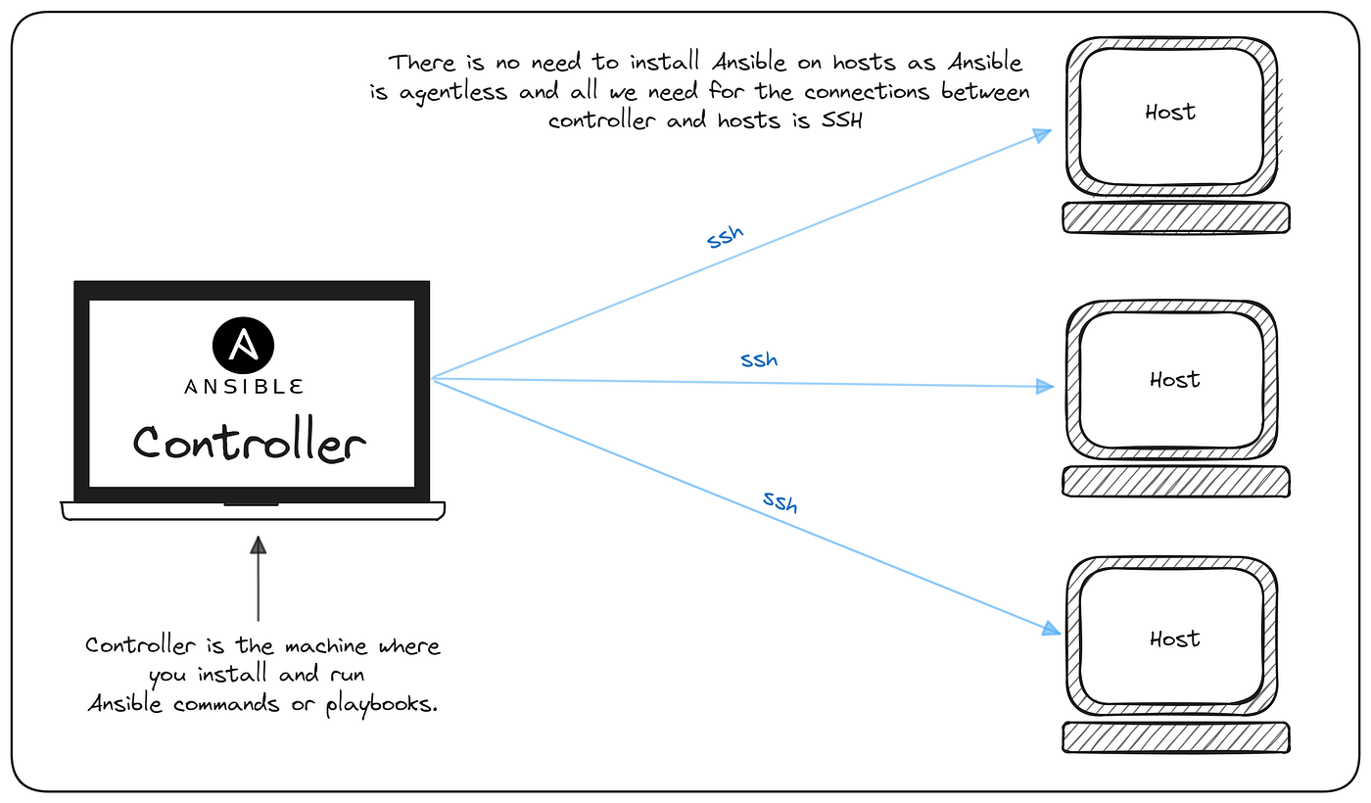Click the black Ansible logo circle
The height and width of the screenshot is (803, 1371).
point(243,346)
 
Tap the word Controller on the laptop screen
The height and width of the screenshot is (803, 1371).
point(250,443)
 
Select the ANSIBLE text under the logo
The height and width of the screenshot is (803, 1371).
point(243,387)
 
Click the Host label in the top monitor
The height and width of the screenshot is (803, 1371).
point(1170,112)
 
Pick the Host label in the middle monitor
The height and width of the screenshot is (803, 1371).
point(1174,379)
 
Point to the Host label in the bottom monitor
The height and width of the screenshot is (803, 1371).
point(1174,638)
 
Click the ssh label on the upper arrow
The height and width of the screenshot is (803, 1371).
point(726,237)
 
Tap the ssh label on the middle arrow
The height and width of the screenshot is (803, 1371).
point(759,359)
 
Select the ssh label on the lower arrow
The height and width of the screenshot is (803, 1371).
point(780,502)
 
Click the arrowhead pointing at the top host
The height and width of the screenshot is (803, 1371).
point(1043,134)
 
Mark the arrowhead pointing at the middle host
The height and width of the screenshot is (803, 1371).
point(1045,387)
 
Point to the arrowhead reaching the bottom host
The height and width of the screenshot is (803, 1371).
point(1050,628)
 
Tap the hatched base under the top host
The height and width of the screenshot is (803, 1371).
point(1175,217)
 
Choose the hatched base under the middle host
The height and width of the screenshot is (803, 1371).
point(1175,481)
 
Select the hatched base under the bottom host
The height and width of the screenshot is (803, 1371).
point(1175,737)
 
